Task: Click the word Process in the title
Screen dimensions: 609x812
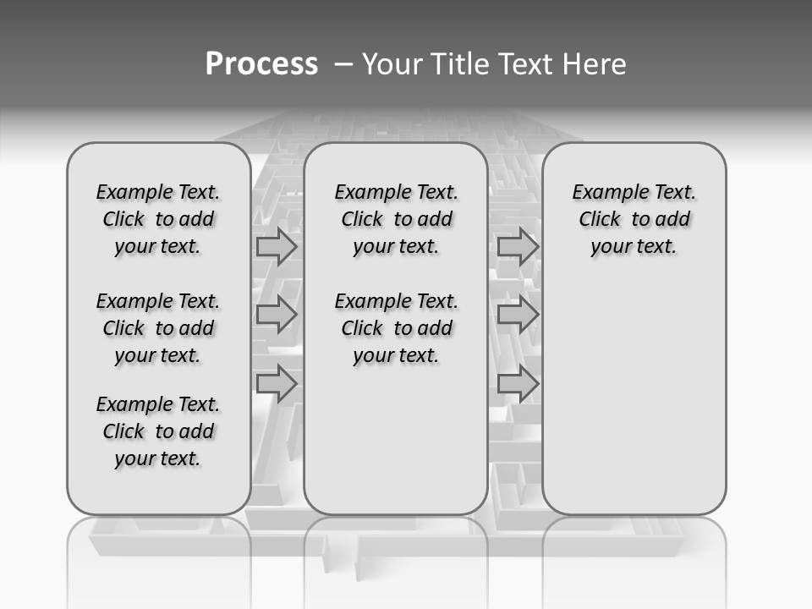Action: click(261, 63)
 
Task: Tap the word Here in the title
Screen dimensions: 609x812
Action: click(596, 64)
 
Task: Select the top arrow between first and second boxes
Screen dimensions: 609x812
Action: click(277, 247)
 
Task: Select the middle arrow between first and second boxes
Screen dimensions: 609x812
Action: click(277, 315)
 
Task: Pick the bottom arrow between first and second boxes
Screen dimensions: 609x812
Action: click(277, 384)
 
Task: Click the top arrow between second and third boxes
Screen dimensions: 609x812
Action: click(518, 247)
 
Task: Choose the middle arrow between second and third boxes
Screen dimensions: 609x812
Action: click(518, 315)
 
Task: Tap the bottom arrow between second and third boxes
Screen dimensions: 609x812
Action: click(518, 384)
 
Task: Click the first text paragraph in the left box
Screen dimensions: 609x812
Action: click(158, 219)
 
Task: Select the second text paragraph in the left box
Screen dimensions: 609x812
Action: click(158, 328)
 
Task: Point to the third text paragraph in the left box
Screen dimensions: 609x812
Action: click(158, 431)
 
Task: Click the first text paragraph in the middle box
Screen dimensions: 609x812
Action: click(396, 219)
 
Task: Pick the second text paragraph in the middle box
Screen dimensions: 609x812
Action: click(396, 328)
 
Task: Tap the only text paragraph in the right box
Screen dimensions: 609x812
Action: click(634, 219)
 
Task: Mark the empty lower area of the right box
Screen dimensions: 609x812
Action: click(634, 398)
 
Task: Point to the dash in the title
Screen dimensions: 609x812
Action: click(343, 64)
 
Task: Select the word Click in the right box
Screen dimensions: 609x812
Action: click(600, 220)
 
